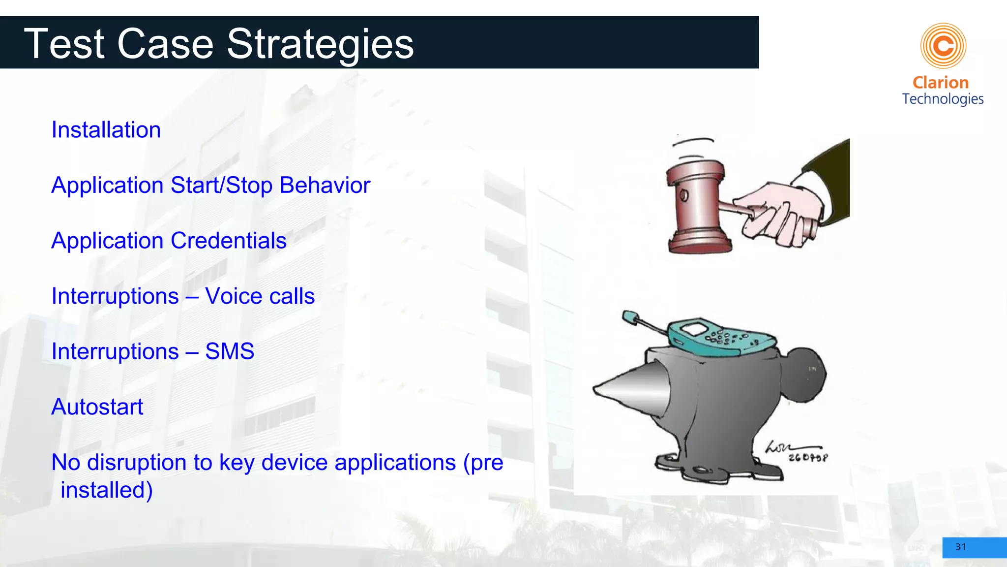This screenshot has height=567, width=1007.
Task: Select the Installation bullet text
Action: pyautogui.click(x=106, y=130)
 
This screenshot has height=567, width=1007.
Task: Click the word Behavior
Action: pyautogui.click(x=325, y=186)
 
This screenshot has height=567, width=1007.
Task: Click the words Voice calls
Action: pyautogui.click(x=260, y=296)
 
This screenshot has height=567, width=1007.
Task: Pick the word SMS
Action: pyautogui.click(x=229, y=352)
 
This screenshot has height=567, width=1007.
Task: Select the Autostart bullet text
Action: pyautogui.click(x=97, y=407)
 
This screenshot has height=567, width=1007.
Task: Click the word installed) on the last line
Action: pyautogui.click(x=106, y=490)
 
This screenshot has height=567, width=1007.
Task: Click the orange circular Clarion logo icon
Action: pyautogui.click(x=943, y=46)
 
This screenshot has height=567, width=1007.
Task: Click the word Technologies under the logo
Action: pyautogui.click(x=943, y=99)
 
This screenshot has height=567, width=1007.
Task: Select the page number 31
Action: pyautogui.click(x=960, y=547)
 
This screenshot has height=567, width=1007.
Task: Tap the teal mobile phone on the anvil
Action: pyautogui.click(x=720, y=337)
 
